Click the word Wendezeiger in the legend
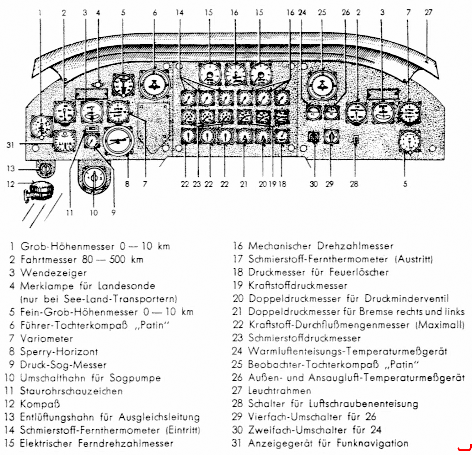(x=53, y=273)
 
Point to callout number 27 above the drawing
(x=428, y=13)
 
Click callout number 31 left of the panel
(x=10, y=145)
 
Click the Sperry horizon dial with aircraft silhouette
(x=118, y=141)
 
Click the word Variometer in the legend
(x=46, y=339)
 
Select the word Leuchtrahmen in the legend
(x=280, y=391)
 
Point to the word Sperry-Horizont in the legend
(x=59, y=352)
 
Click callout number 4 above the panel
(x=98, y=13)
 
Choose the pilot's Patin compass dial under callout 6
(x=154, y=84)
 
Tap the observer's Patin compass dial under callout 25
(x=322, y=85)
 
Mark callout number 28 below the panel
(x=354, y=184)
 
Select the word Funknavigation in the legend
(x=373, y=443)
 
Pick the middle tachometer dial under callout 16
(x=235, y=75)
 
